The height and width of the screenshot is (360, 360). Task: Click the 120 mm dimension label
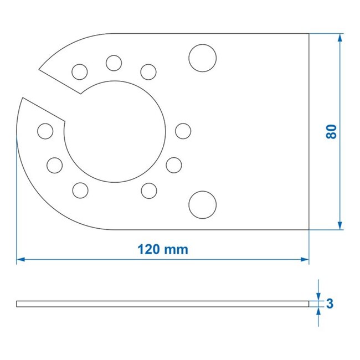coord(163,249)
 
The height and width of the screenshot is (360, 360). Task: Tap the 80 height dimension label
coord(331,131)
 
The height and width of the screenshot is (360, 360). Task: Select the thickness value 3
coord(330,303)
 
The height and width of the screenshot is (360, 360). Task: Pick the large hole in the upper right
coord(201,57)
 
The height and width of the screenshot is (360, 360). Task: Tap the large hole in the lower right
coord(201,205)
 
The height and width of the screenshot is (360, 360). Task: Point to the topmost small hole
coord(114,63)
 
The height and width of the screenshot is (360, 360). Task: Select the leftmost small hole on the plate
coord(45,131)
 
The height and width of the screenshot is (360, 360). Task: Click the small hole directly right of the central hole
coord(183,131)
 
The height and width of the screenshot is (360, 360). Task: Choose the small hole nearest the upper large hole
coord(148,71)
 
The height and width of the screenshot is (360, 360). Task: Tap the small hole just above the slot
coord(80,71)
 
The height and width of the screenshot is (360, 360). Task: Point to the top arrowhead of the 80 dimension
coord(340,37)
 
